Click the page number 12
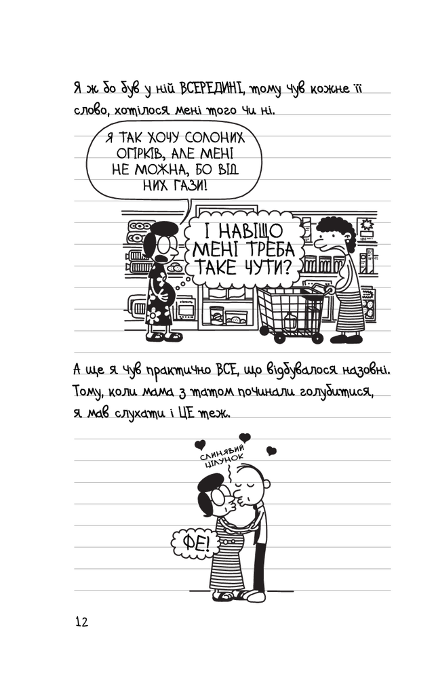click(x=82, y=622)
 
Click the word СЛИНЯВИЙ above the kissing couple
click(x=222, y=452)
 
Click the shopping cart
click(x=292, y=312)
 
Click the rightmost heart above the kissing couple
click(x=271, y=451)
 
